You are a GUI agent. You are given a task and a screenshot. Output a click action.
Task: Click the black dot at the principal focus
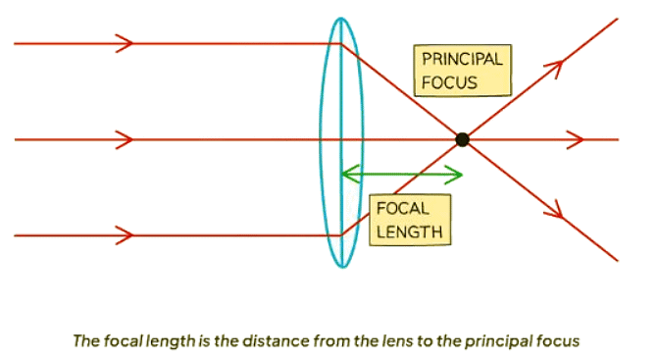pyautogui.click(x=462, y=139)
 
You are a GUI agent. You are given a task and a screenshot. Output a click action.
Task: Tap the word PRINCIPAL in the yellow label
pyautogui.click(x=461, y=59)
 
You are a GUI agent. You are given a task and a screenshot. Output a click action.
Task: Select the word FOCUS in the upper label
pyautogui.click(x=449, y=81)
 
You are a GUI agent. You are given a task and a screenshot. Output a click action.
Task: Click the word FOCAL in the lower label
pyautogui.click(x=401, y=209)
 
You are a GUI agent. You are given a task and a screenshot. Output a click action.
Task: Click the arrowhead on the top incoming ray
pyautogui.click(x=125, y=43)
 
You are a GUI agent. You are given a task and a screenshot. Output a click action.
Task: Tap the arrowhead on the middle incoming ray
pyautogui.click(x=125, y=139)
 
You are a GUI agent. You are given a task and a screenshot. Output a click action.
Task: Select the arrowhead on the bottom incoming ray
pyautogui.click(x=125, y=235)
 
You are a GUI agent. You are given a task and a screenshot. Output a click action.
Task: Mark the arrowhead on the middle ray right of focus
pyautogui.click(x=578, y=139)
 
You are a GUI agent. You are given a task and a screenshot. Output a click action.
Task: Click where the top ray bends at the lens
pyautogui.click(x=340, y=43)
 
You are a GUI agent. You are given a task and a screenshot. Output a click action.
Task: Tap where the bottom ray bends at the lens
pyautogui.click(x=340, y=235)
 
